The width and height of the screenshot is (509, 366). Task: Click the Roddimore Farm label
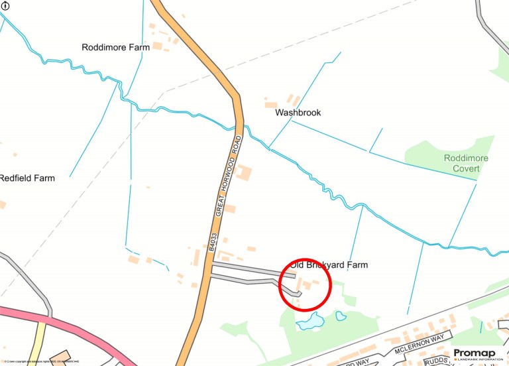coord(115,48)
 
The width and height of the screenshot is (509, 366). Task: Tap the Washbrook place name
coord(298,113)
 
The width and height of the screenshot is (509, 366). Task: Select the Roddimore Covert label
coord(465,164)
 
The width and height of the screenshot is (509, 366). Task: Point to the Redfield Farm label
coord(27,178)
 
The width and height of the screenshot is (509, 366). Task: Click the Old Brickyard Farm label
coord(337,265)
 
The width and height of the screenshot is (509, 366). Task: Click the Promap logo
coord(477,353)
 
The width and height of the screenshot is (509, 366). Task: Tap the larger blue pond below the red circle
coord(310,323)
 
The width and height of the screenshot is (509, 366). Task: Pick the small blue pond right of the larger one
coord(341,316)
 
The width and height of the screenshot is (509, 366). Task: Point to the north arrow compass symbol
coord(5,6)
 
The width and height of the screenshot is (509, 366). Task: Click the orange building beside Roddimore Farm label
coord(158,46)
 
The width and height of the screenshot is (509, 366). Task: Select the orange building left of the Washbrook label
coord(270,105)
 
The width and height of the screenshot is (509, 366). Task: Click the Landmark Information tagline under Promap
coord(479,360)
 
